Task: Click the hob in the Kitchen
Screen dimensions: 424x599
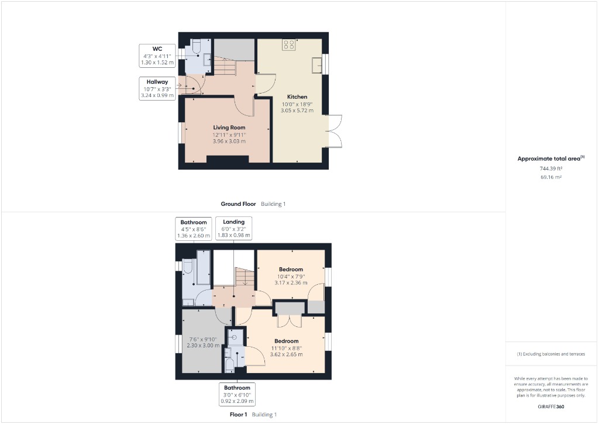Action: pyautogui.click(x=289, y=45)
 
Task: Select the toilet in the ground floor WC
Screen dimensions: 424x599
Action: pyautogui.click(x=197, y=46)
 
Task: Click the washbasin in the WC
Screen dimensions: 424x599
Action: pyautogui.click(x=206, y=58)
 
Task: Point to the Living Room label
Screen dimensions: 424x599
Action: pyautogui.click(x=229, y=127)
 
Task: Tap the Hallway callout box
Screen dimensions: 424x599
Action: pyautogui.click(x=157, y=88)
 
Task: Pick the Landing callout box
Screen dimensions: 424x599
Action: pyautogui.click(x=233, y=229)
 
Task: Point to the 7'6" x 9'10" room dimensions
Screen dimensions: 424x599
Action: pyautogui.click(x=202, y=342)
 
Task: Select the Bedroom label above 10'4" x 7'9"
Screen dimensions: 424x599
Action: pyautogui.click(x=291, y=269)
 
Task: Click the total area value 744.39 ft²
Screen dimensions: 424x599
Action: pyautogui.click(x=550, y=168)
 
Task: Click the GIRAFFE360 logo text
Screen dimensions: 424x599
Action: pyautogui.click(x=551, y=406)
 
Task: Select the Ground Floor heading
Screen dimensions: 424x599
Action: pyautogui.click(x=238, y=204)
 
